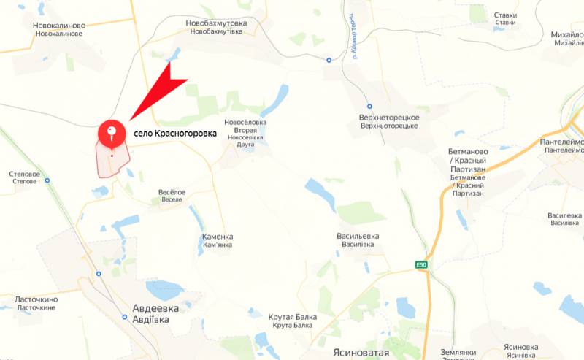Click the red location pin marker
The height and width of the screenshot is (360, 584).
point(110,132)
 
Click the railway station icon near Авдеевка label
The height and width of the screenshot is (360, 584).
point(125,317)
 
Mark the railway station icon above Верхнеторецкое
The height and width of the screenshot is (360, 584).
point(369,106)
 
